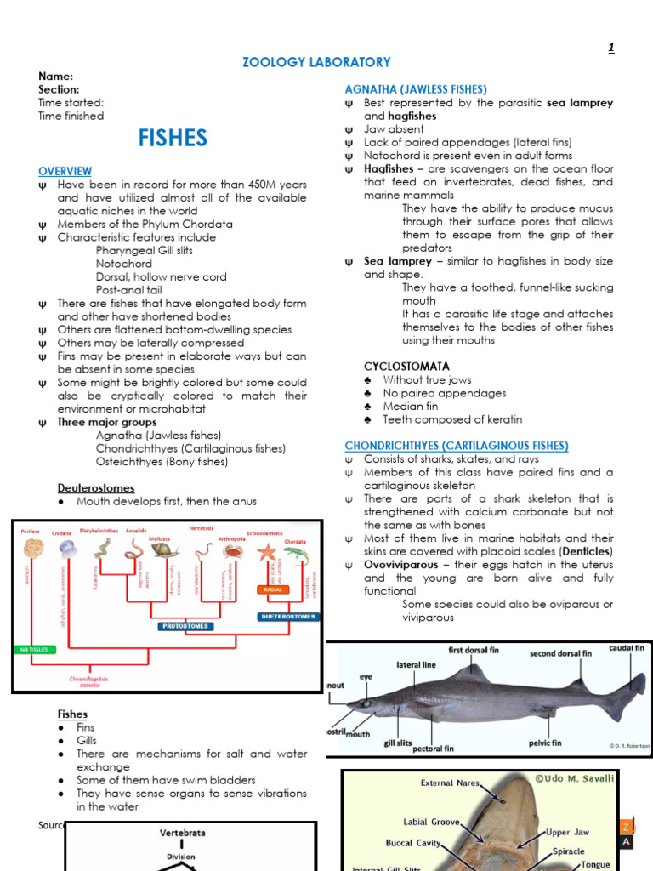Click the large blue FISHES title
(x=173, y=138)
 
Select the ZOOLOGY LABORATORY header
(x=317, y=62)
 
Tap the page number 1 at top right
(x=610, y=48)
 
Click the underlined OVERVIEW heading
(x=65, y=171)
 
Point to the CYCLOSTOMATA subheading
(x=406, y=367)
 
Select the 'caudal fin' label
(x=627, y=648)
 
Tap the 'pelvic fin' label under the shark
(x=545, y=743)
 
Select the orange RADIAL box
(x=274, y=589)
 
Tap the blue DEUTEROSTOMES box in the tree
(x=288, y=616)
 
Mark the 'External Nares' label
(x=450, y=783)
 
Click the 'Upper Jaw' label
(x=571, y=832)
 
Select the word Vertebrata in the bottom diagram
(x=183, y=833)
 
